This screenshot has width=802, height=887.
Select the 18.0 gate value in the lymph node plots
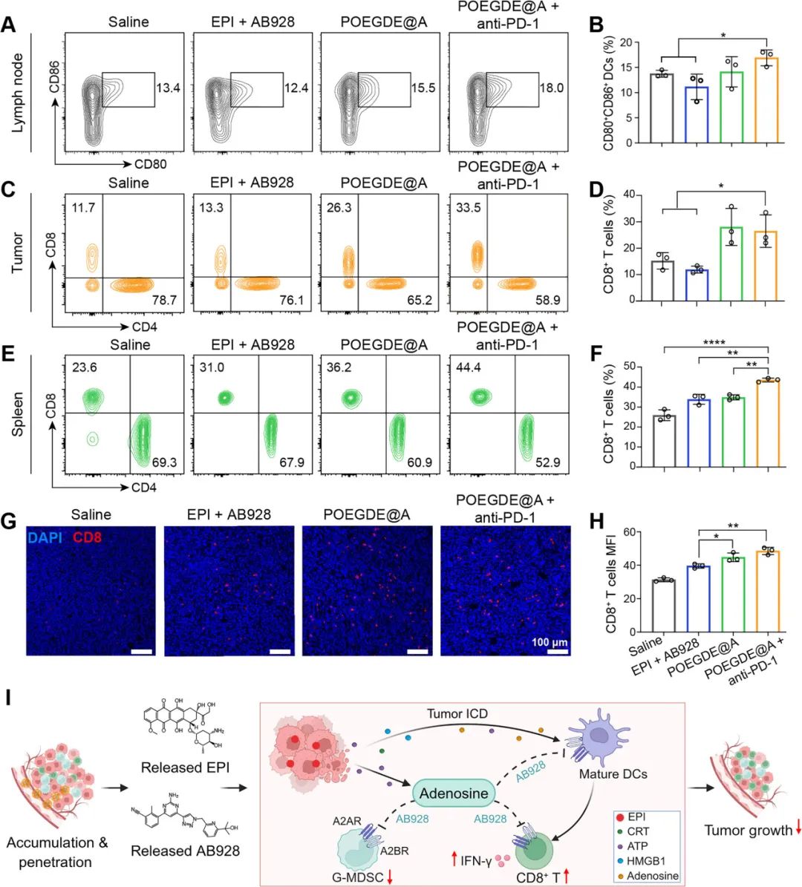(551, 88)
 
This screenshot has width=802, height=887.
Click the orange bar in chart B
(766, 100)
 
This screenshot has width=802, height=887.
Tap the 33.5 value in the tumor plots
(468, 208)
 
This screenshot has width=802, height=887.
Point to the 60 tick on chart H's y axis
(630, 531)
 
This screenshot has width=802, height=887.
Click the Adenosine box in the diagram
(454, 793)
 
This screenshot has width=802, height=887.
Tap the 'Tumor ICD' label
(457, 713)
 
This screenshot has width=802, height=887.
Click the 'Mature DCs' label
(613, 774)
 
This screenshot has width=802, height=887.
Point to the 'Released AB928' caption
(185, 851)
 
